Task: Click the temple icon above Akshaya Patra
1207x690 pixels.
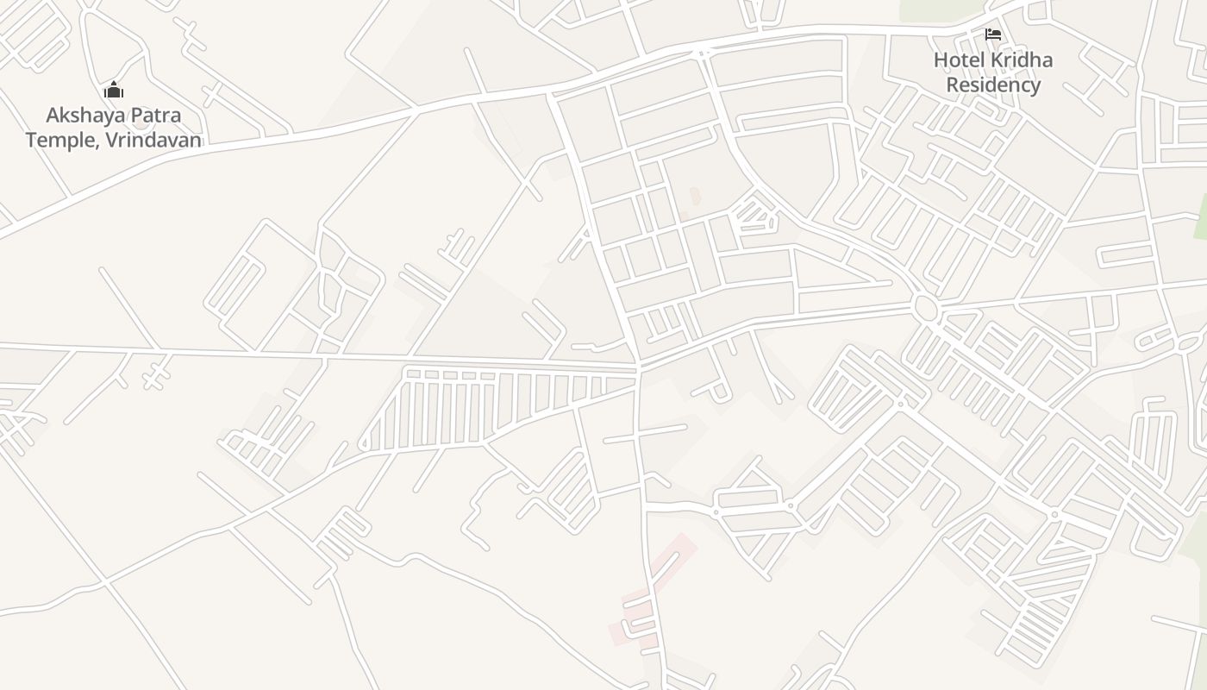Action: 114,90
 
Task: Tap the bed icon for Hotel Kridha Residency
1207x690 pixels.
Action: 993,34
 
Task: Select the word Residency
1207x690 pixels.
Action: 993,85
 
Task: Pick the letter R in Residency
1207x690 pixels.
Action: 953,85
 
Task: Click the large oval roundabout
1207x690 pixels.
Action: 925,308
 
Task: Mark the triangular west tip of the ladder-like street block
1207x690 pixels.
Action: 363,444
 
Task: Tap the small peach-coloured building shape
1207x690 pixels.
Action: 695,196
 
